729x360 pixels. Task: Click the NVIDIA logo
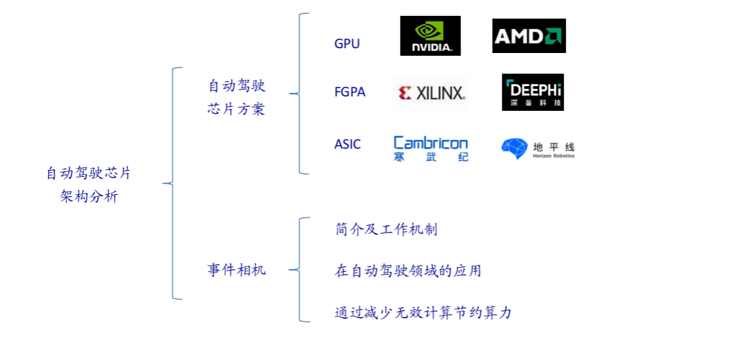point(430,36)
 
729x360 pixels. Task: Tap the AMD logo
point(529,36)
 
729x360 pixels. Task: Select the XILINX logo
point(431,93)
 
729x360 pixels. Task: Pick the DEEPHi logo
point(533,92)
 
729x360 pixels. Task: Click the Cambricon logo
point(430,144)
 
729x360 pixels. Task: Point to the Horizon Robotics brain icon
point(514,149)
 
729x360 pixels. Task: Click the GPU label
point(347,44)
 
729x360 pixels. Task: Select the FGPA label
point(350,92)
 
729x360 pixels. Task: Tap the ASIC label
point(348,145)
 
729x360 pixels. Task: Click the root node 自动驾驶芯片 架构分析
point(89,184)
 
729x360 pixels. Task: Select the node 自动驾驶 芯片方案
point(236,97)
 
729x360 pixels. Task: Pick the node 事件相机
point(236,270)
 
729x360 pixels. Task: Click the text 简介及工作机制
point(385,230)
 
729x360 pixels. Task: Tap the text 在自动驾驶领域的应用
point(408,271)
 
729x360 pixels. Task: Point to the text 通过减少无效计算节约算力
point(423,313)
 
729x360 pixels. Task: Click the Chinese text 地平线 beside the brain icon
point(553,147)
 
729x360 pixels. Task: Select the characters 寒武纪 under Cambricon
point(430,157)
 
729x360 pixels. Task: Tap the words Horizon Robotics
point(553,156)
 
